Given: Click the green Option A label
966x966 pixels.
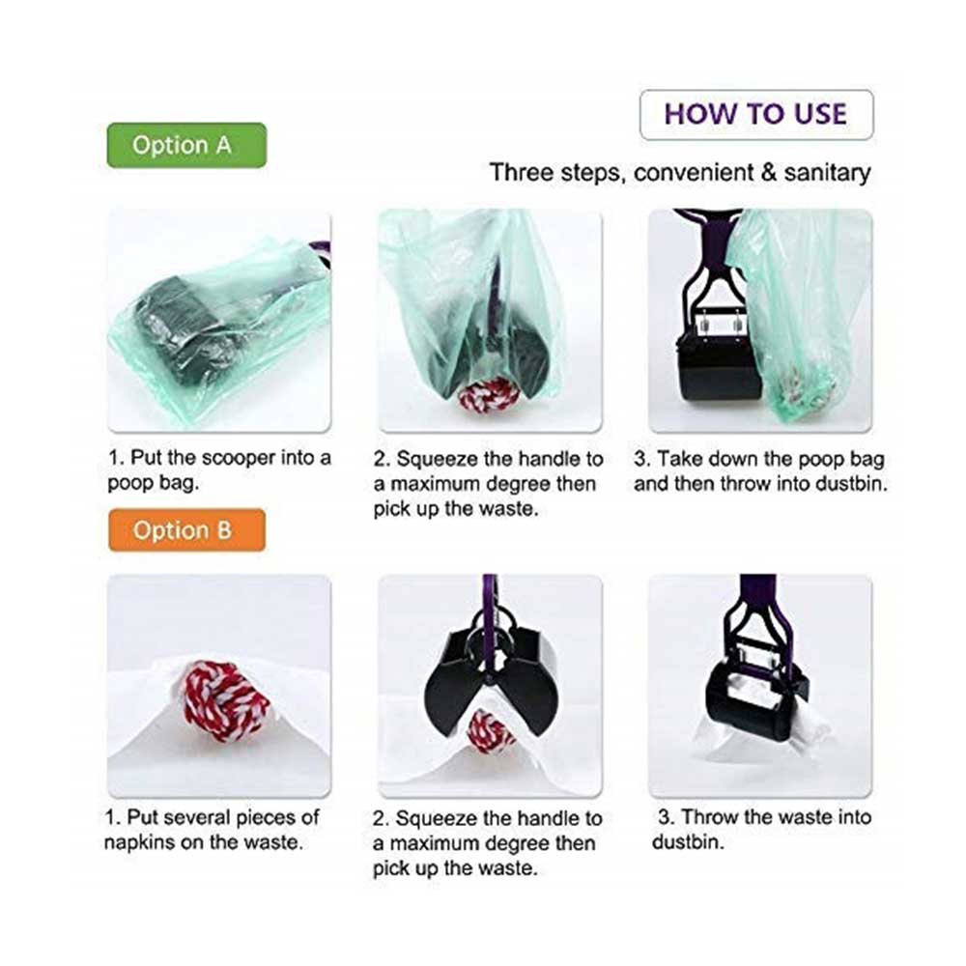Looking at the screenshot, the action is point(186,146).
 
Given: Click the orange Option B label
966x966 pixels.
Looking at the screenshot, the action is point(186,529).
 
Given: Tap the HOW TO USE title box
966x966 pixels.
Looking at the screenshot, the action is point(756,115).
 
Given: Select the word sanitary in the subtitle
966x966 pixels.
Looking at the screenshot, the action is point(827,173).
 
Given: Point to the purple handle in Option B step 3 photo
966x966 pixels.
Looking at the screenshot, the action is point(757,607).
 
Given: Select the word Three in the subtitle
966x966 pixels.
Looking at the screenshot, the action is point(522,173).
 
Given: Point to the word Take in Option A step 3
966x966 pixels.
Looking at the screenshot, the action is point(677,460).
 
